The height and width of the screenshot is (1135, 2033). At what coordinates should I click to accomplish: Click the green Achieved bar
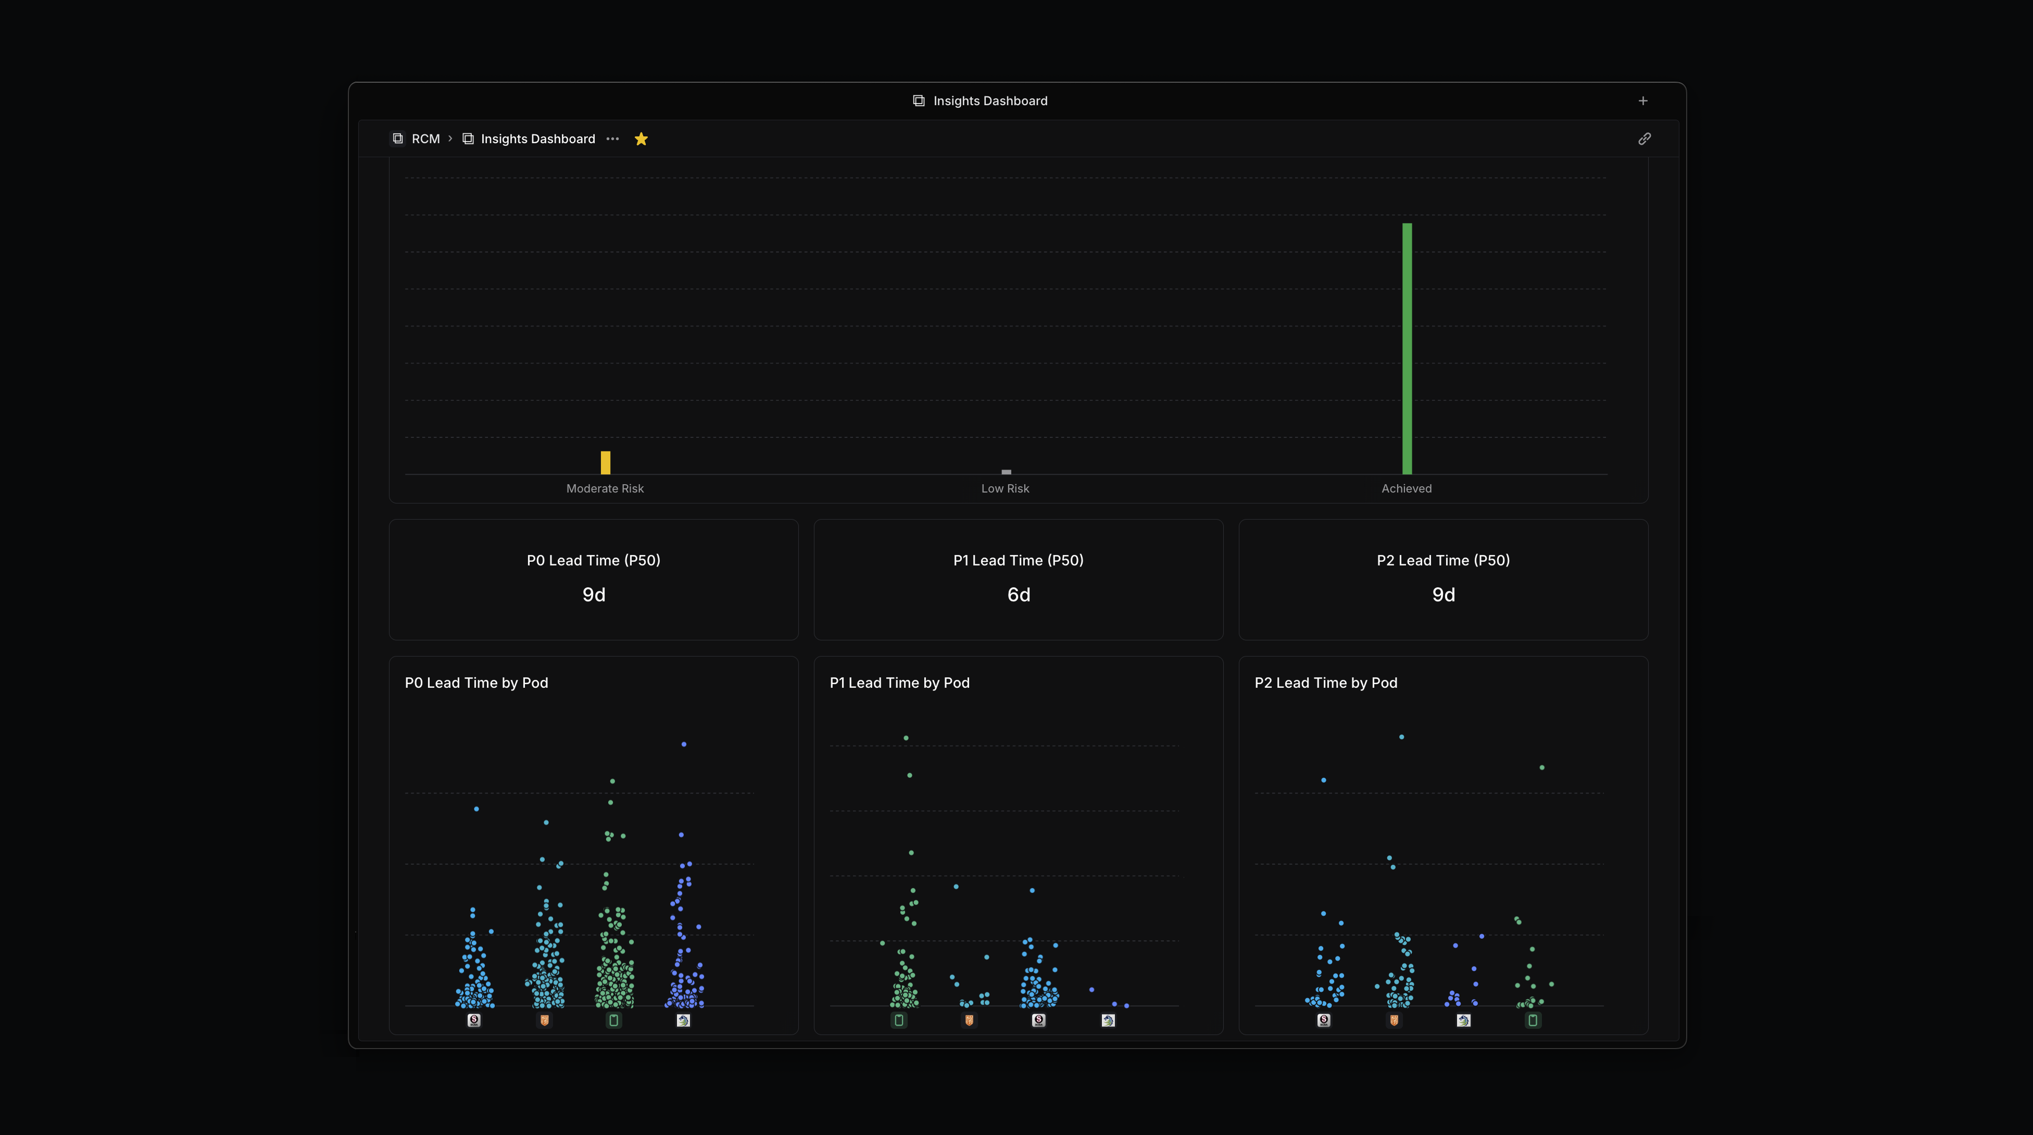1407,348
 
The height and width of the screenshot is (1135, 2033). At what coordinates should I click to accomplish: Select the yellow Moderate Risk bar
605,462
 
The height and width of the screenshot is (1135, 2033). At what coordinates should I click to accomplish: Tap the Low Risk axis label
1005,488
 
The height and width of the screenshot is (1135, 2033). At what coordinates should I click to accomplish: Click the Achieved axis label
1405,488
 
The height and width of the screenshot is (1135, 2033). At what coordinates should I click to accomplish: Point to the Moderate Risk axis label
605,488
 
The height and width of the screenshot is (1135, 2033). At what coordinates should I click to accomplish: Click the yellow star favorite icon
641,139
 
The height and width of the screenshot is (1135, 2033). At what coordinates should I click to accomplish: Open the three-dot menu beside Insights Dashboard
612,139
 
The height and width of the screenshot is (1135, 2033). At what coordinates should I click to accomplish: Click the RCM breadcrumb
425,139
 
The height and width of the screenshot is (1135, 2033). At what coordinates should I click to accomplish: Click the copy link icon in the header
1644,139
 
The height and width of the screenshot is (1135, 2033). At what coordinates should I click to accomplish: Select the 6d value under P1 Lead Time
1018,595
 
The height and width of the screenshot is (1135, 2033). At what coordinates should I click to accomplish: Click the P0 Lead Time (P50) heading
594,560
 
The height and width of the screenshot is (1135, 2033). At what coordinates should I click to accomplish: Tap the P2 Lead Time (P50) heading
1442,560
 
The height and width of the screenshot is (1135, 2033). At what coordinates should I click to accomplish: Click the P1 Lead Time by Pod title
899,683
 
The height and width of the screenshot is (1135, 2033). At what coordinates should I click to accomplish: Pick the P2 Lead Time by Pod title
1325,683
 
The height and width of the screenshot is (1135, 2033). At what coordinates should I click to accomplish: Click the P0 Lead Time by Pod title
476,683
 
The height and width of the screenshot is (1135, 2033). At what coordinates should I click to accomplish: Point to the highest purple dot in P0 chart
683,745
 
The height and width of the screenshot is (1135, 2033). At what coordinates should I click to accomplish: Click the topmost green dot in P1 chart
906,738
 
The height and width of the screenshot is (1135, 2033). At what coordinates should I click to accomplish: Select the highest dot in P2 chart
1401,737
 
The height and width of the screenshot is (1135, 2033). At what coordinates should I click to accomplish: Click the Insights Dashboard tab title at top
989,101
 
